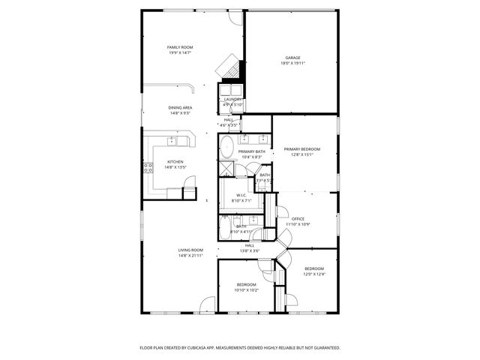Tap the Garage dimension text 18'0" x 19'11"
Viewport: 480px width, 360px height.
[293, 63]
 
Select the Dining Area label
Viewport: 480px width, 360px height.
[180, 108]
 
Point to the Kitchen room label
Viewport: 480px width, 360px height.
[175, 162]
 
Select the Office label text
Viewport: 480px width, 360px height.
[298, 218]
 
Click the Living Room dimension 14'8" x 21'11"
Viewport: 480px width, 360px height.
[190, 256]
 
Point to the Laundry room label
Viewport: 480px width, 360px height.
[232, 99]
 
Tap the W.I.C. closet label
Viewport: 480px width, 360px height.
[242, 196]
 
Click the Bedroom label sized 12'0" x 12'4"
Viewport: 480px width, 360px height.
[314, 268]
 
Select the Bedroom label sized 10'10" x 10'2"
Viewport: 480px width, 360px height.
[247, 285]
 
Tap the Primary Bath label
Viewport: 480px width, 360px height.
[251, 151]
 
